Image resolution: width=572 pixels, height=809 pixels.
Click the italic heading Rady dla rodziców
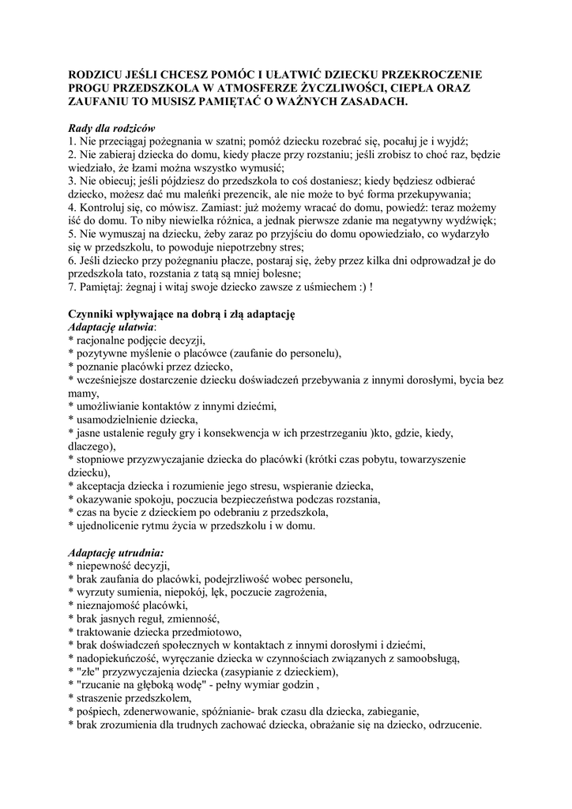(112, 128)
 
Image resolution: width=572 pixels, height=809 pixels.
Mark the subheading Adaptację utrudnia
(115, 553)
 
